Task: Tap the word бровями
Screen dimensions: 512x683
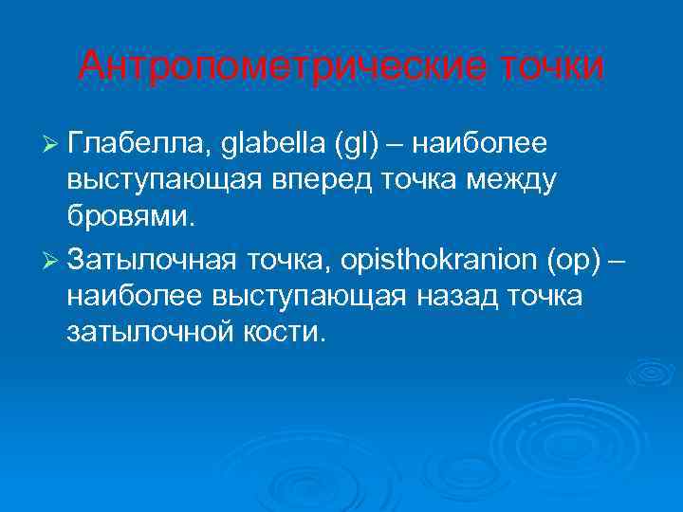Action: click(x=130, y=217)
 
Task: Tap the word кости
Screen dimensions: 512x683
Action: click(x=285, y=333)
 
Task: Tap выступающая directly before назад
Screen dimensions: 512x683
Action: click(x=318, y=297)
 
